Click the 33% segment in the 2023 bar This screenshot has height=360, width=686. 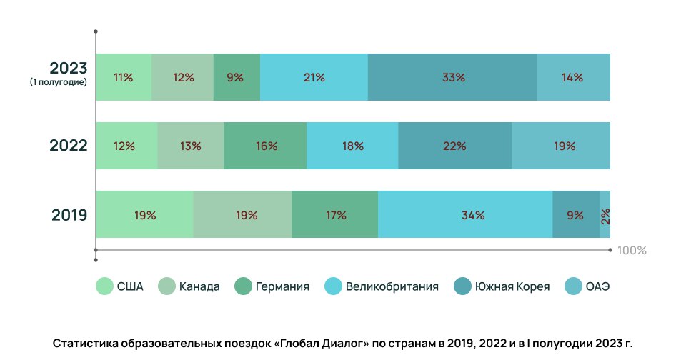point(452,77)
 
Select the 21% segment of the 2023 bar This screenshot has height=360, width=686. point(314,77)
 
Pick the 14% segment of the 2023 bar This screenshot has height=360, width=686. point(573,77)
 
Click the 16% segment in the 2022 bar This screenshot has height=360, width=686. point(265,146)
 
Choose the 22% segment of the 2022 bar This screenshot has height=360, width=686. point(454,146)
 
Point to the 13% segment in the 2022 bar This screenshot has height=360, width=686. point(190,146)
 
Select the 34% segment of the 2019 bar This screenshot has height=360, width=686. point(465,214)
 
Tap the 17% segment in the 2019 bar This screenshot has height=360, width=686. point(334,214)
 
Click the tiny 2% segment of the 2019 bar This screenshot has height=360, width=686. point(605,214)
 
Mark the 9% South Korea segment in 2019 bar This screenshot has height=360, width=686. point(576,214)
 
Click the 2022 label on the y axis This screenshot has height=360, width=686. point(69,146)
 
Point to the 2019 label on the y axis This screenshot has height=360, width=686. point(69,214)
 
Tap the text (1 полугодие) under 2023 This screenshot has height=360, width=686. point(59,83)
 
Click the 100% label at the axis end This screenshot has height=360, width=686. point(631,251)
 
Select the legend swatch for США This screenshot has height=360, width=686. point(105,287)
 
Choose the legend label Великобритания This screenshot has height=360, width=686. point(392,287)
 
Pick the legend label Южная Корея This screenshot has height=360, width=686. point(512,287)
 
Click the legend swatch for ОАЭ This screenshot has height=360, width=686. point(574,287)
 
